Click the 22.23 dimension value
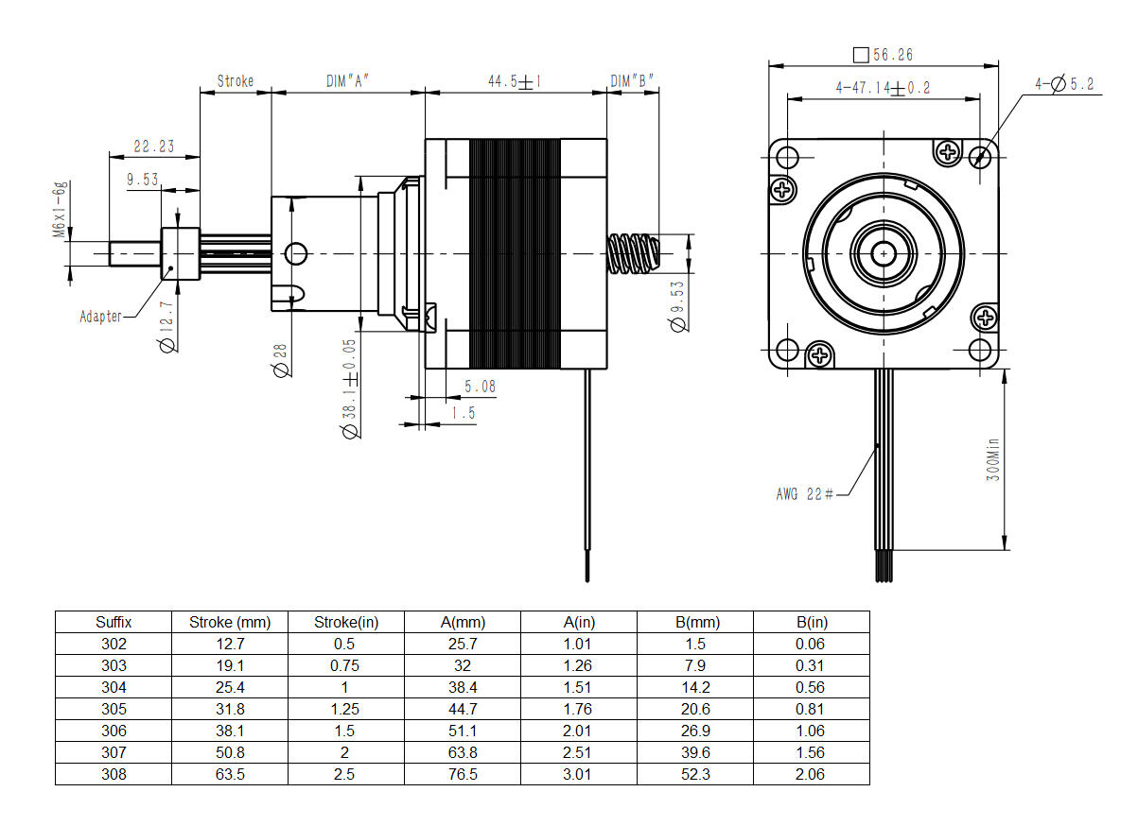pos(154,146)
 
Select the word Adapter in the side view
pos(100,317)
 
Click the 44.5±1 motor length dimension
pos(514,81)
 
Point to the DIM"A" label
pos(346,81)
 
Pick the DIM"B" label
pos(632,81)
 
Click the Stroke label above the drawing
pos(236,81)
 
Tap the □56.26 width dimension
pos(883,56)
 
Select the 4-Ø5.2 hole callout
pos(1063,84)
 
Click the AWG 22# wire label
pos(804,493)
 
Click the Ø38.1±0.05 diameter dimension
pos(349,388)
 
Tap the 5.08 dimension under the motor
pos(480,386)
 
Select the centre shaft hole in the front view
pos(884,252)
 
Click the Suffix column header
pos(114,622)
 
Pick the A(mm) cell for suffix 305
pos(462,709)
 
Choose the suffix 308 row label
pos(114,774)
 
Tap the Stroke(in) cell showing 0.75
pos(345,665)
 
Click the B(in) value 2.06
pos(811,774)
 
